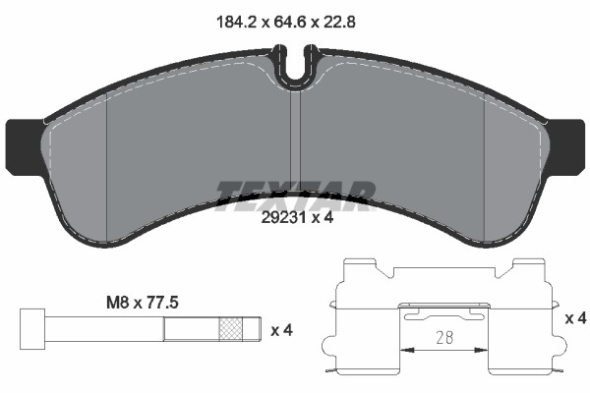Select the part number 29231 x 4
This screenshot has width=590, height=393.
tap(294, 220)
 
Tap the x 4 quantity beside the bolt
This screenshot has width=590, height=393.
tap(282, 329)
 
